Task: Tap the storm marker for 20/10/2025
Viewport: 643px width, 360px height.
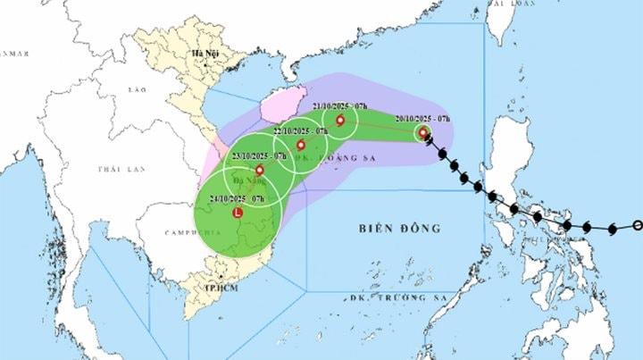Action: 423,133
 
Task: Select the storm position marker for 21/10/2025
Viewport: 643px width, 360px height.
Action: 340,121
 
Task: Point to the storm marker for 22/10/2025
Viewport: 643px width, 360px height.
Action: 300,145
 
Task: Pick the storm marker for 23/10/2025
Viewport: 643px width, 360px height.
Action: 259,170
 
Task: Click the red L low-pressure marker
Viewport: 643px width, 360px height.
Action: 237,213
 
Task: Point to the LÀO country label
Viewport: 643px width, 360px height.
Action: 136,91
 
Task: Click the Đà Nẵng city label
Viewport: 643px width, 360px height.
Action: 247,179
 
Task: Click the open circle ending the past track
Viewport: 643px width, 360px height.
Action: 637,225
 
